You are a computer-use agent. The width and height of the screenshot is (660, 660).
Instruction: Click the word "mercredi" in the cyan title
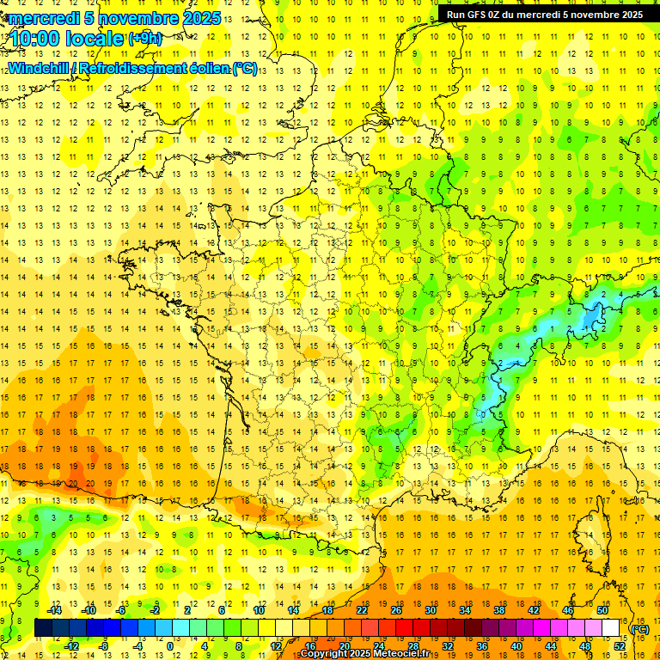coord(46,19)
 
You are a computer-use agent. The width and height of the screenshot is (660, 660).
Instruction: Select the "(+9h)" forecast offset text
coord(144,38)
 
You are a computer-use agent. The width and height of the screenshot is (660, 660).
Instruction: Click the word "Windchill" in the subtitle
coord(39,69)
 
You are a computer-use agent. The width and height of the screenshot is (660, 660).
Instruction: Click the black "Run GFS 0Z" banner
coord(544,15)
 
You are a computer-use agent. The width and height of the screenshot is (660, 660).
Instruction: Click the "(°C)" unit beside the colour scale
coord(639,628)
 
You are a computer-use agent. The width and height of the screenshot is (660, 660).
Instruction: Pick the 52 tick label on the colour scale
coord(619,646)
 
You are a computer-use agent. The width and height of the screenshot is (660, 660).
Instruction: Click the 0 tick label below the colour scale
coord(170,646)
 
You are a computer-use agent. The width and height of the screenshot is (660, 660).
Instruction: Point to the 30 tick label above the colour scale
coord(431,610)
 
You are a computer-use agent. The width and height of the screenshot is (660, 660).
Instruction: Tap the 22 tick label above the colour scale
coord(362,610)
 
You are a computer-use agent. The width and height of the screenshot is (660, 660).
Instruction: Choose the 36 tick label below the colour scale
coord(481,646)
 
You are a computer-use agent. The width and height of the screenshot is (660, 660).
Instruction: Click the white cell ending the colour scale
coord(611,628)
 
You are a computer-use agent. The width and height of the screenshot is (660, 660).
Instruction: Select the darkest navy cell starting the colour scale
coord(43,628)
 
